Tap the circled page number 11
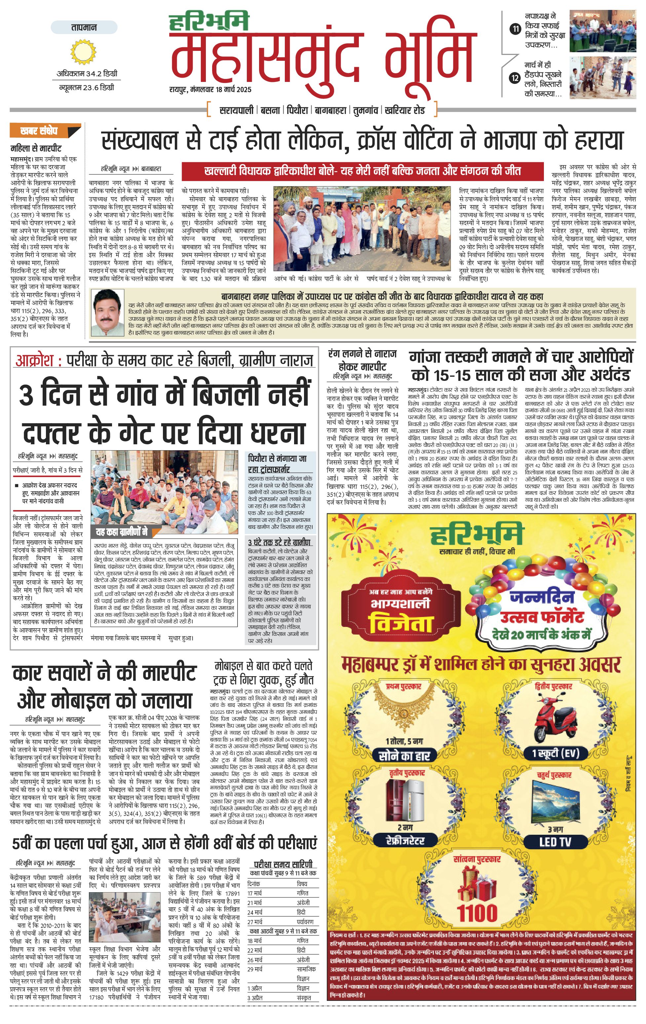(515, 29)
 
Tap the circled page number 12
(515, 78)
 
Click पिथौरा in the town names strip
(297, 110)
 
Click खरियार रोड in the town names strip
(404, 110)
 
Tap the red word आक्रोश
(34, 361)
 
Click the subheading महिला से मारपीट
(36, 148)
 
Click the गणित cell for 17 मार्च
(302, 894)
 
